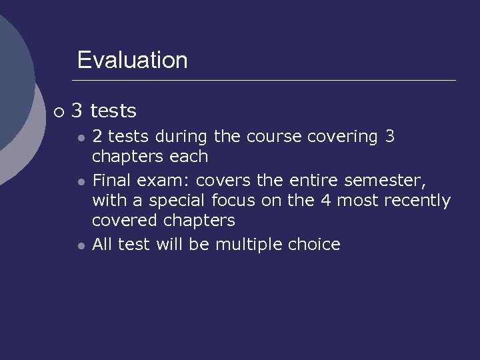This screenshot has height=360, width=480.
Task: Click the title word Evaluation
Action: [132, 60]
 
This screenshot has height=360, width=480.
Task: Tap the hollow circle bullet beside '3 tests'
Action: [59, 111]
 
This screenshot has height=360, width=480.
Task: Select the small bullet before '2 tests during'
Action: [80, 138]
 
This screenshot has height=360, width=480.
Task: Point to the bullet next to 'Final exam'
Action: [80, 181]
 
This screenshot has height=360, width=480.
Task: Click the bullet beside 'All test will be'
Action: [80, 246]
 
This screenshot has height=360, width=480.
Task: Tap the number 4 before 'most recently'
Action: [325, 200]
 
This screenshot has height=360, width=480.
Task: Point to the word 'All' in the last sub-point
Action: [102, 244]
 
